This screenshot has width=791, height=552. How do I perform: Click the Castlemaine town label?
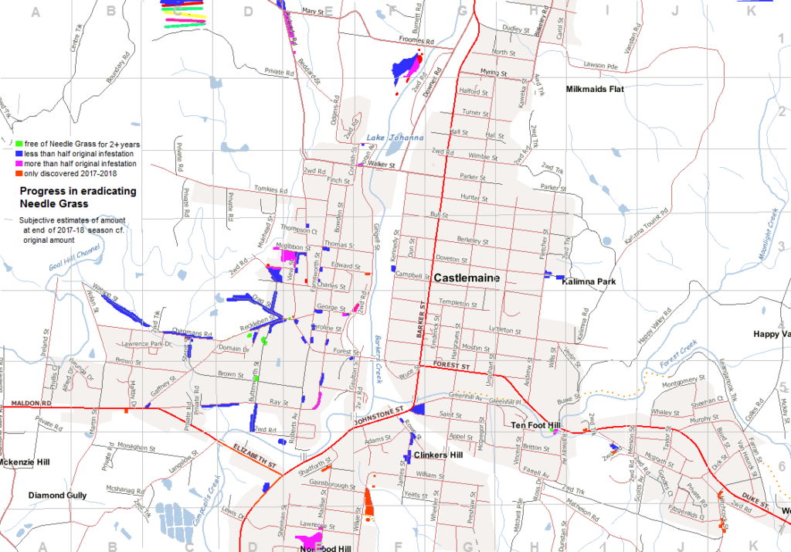(467, 278)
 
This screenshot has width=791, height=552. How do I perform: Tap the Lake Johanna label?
(395, 138)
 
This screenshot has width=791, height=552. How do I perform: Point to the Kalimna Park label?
(590, 282)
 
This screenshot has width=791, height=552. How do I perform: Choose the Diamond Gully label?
(58, 495)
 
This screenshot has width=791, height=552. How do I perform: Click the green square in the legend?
(18, 144)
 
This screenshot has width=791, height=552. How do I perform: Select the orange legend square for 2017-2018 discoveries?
(18, 173)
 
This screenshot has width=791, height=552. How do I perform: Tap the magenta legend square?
(18, 164)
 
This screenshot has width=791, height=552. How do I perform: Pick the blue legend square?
(18, 154)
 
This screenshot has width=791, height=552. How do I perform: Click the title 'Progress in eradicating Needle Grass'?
(78, 197)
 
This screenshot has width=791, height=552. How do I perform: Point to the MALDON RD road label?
(31, 404)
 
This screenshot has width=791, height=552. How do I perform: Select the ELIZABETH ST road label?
(255, 455)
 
